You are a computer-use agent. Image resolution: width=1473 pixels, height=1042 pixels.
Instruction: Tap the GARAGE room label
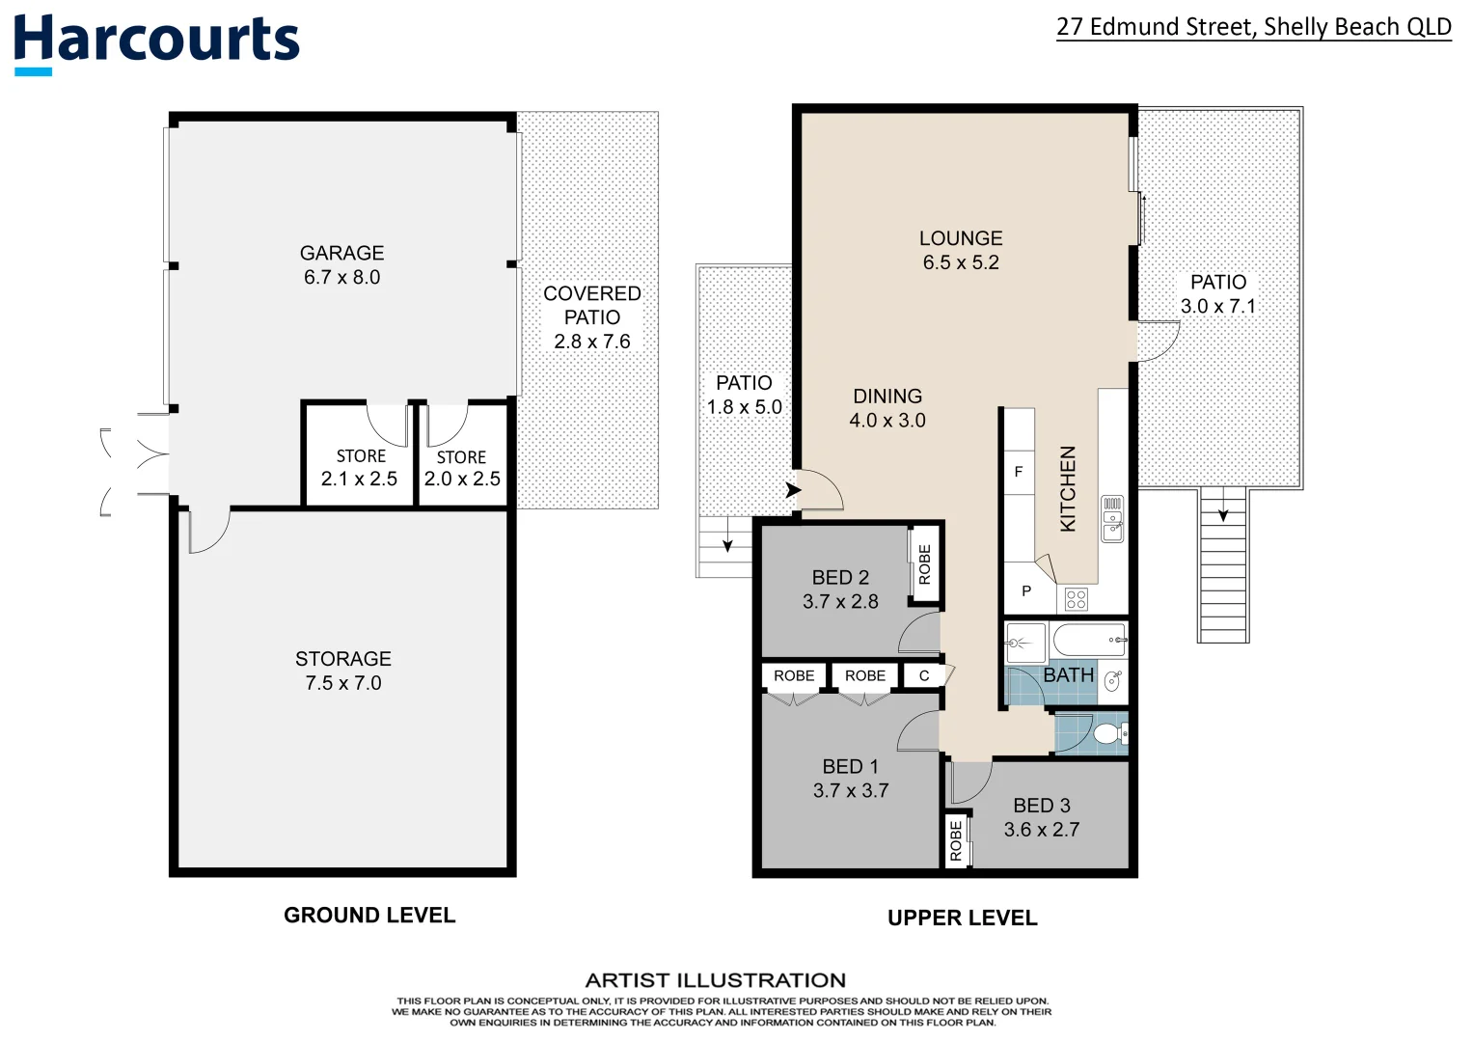point(341,253)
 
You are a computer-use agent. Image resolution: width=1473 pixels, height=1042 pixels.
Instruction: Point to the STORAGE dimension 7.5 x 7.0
point(342,683)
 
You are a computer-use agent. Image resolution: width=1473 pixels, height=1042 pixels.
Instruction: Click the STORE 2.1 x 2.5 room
point(360,468)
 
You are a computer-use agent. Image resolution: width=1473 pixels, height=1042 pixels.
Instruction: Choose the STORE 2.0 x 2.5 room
point(462,469)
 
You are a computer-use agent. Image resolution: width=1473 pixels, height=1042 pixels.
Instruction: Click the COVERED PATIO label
point(591,305)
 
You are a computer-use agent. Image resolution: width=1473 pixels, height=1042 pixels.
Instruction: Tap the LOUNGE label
point(960,238)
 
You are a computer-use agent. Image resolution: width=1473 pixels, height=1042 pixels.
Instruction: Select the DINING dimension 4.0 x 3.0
point(887,421)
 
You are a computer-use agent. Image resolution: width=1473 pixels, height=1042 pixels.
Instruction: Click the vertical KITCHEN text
point(1068,488)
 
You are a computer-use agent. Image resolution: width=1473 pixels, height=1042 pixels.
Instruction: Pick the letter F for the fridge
point(1018,472)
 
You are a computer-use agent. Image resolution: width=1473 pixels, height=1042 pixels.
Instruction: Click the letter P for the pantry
point(1025,591)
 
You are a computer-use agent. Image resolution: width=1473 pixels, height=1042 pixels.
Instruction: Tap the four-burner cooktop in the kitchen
point(1077,599)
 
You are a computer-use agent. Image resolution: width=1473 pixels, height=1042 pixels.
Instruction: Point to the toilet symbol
point(1110,734)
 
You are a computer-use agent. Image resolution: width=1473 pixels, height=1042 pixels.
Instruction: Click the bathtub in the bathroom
point(1088,640)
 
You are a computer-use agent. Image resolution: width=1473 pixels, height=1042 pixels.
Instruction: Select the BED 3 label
point(1041,806)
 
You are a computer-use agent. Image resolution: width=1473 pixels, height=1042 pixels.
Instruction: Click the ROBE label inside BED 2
point(924,564)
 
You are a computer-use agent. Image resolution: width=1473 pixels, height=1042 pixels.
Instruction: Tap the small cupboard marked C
point(923,676)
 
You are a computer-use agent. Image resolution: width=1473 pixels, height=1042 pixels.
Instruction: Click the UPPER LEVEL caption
point(962,919)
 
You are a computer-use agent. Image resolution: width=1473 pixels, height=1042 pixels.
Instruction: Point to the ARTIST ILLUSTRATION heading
point(715,980)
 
